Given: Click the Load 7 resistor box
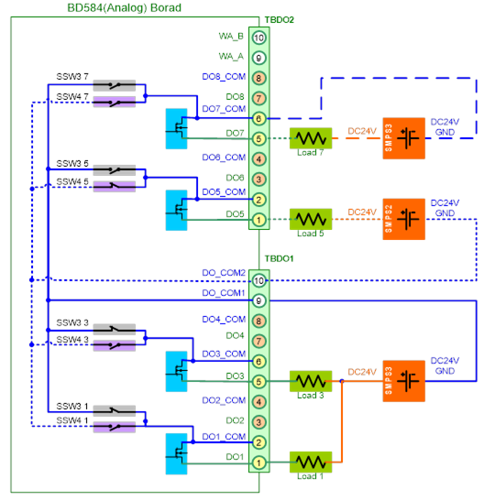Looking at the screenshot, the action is pyautogui.click(x=311, y=138).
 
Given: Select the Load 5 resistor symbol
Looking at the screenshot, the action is pyautogui.click(x=311, y=219).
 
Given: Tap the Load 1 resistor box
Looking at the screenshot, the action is pyautogui.click(x=311, y=462).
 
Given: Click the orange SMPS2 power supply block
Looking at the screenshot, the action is pyautogui.click(x=403, y=219).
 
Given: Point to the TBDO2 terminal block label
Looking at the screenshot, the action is pyautogui.click(x=279, y=20).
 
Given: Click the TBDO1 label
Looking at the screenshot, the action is pyautogui.click(x=279, y=258).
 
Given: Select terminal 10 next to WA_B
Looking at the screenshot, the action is pyautogui.click(x=258, y=38).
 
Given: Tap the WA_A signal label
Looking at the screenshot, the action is pyautogui.click(x=231, y=57).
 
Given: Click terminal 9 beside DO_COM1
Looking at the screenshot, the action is pyautogui.click(x=258, y=300).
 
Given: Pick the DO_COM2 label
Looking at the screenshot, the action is pyautogui.click(x=224, y=273).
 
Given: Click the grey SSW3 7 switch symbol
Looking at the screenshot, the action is pyautogui.click(x=115, y=85).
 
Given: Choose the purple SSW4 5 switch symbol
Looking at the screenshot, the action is pyautogui.click(x=115, y=186).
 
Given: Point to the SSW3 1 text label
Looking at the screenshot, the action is pyautogui.click(x=72, y=406).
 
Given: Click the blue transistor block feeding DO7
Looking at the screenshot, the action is pyautogui.click(x=176, y=129).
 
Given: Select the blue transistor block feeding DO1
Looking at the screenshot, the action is pyautogui.click(x=176, y=453).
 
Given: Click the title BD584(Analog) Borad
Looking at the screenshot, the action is pyautogui.click(x=124, y=7).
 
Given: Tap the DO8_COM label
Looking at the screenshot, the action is pyautogui.click(x=224, y=77).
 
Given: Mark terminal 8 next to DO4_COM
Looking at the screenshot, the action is pyautogui.click(x=258, y=321).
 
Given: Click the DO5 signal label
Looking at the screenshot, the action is pyautogui.click(x=235, y=213).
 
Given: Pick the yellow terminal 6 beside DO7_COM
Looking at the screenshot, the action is pyautogui.click(x=258, y=118).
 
